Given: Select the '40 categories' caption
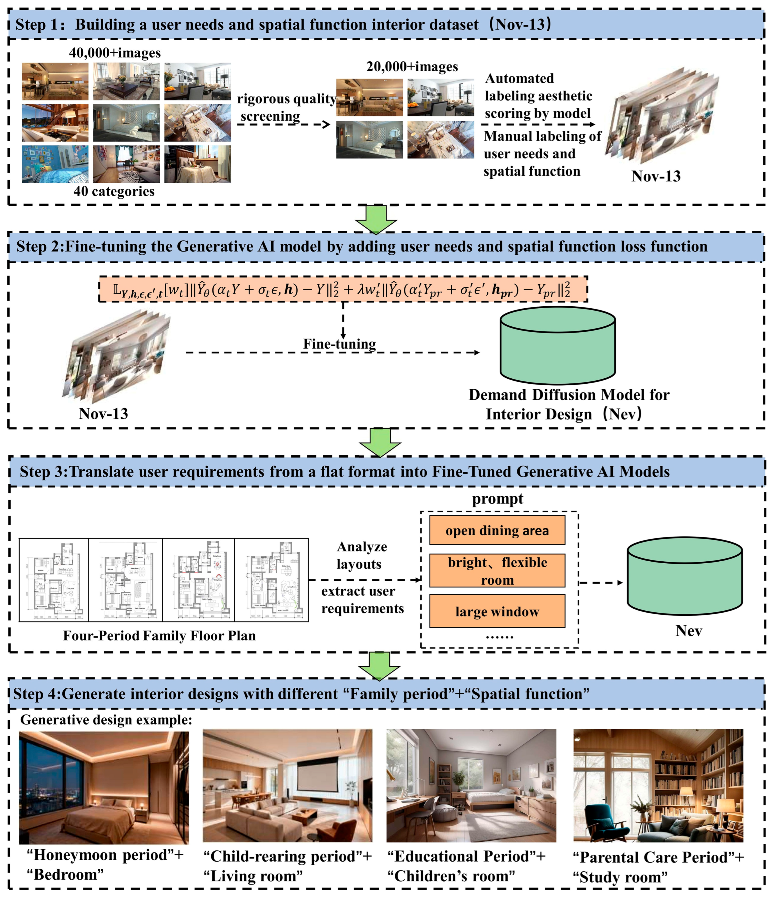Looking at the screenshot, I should point(114,191).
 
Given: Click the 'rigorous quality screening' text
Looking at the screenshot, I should point(286,107).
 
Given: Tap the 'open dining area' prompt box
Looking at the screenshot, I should point(497,530).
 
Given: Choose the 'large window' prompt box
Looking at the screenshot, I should point(497,611).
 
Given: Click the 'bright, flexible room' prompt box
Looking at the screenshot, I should point(497,571).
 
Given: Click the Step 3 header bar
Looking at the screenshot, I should point(385,471).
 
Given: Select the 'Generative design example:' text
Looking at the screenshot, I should point(106,719).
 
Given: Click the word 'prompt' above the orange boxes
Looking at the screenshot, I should point(497,499).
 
